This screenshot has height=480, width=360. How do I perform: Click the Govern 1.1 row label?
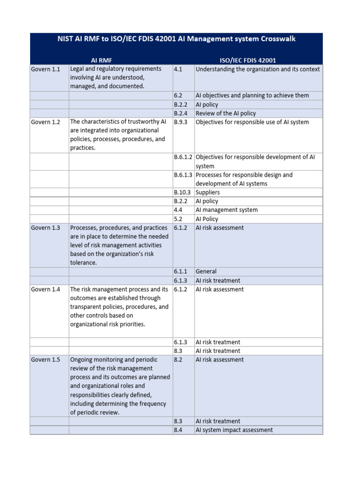pos(45,69)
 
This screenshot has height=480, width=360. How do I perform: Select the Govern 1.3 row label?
pos(45,228)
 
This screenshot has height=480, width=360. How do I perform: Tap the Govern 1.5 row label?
pos(45,360)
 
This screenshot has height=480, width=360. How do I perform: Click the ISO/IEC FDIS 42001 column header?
pos(248,60)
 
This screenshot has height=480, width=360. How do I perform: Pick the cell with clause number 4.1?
pos(178,69)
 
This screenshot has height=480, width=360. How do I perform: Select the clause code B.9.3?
pos(180,122)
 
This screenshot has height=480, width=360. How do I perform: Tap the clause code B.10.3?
pos(182,193)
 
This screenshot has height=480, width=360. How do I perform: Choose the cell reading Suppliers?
pos(207,193)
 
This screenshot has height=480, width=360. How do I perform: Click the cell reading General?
pos(206,271)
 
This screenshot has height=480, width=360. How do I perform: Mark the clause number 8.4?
pos(178,430)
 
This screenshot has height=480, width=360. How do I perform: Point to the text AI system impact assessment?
pos(234,430)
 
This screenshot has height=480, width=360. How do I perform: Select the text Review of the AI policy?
pos(225,113)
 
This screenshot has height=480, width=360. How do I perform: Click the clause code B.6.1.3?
pos(183,175)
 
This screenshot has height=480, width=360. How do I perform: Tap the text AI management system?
pos(226,210)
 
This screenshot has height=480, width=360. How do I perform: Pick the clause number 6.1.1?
pos(180,271)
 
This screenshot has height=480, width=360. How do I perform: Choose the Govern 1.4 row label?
pos(45,290)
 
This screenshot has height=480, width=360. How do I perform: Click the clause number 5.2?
pos(178,219)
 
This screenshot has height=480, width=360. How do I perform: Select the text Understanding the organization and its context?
pos(258,69)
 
